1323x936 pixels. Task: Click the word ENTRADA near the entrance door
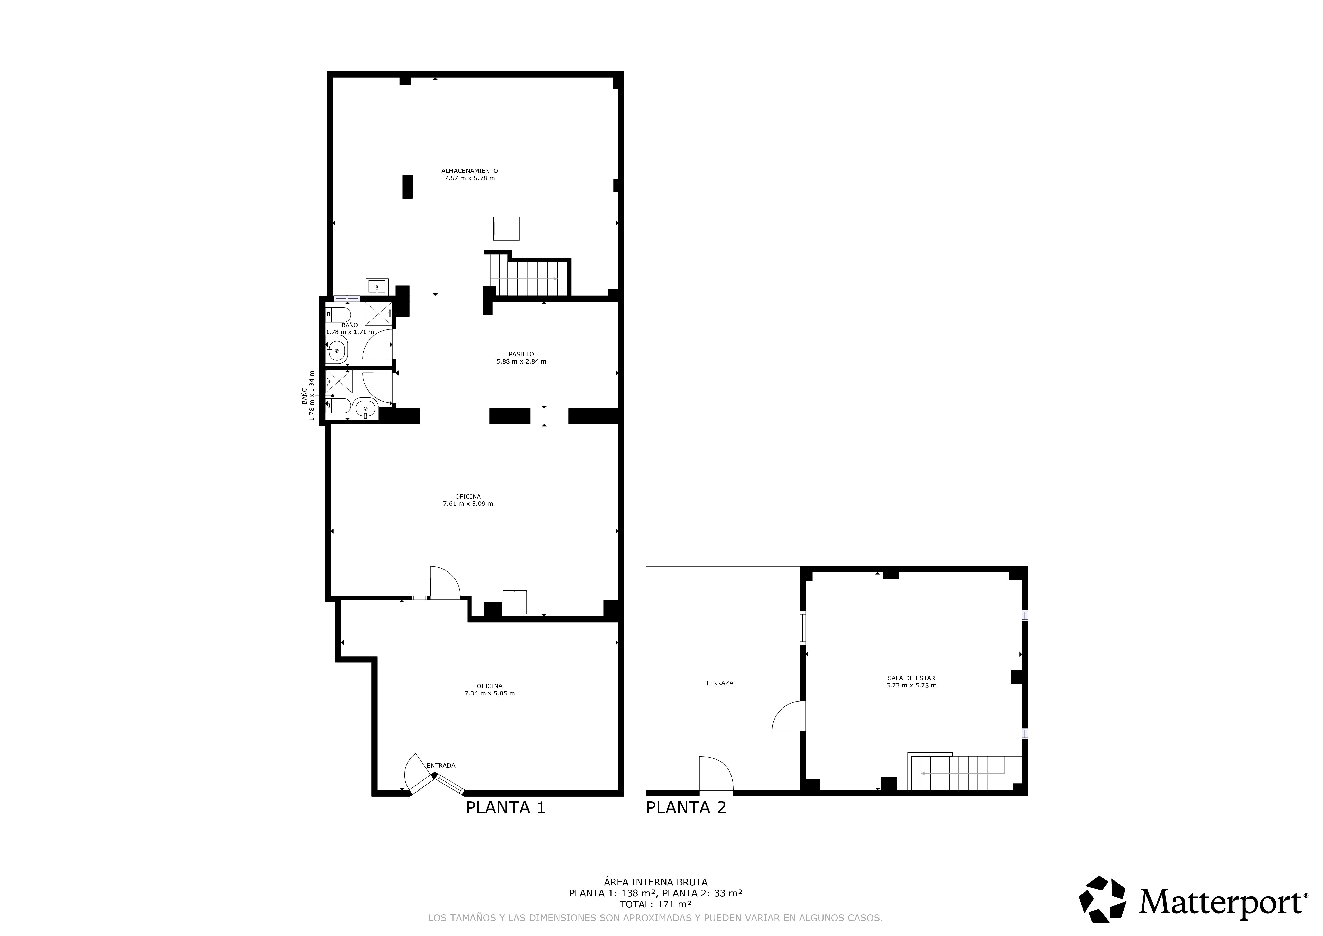pos(441,765)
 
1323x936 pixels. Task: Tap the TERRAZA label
pos(719,683)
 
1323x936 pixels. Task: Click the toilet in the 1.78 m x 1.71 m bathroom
pos(339,315)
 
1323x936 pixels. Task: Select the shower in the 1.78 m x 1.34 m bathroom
pos(339,381)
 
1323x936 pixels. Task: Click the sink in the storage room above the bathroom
pos(377,286)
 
